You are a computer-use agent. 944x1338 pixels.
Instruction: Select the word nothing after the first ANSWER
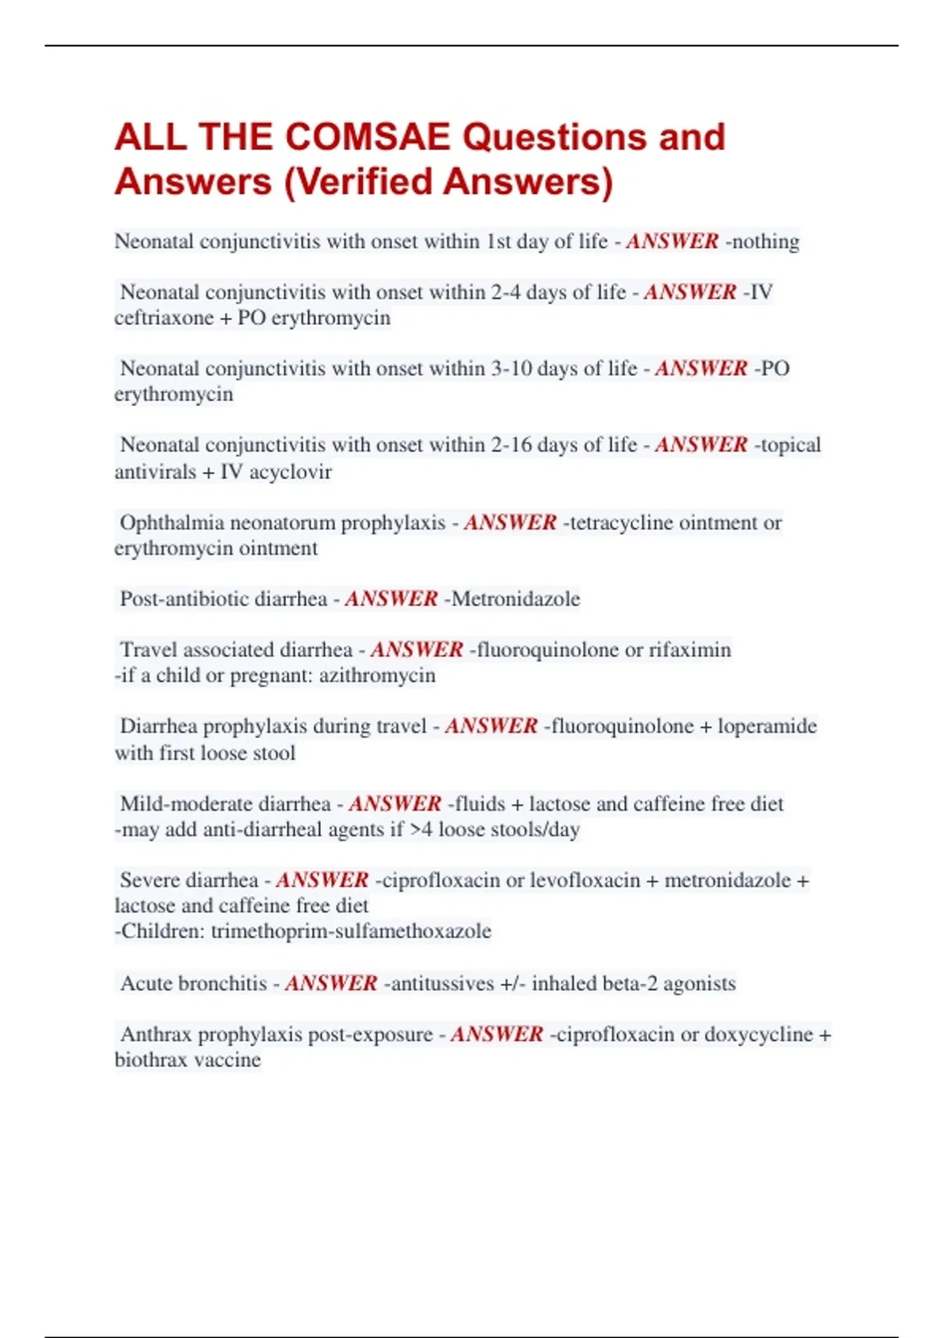[765, 242]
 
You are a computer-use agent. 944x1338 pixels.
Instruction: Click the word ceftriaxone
[164, 318]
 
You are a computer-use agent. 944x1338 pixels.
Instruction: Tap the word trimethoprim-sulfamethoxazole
[351, 931]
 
